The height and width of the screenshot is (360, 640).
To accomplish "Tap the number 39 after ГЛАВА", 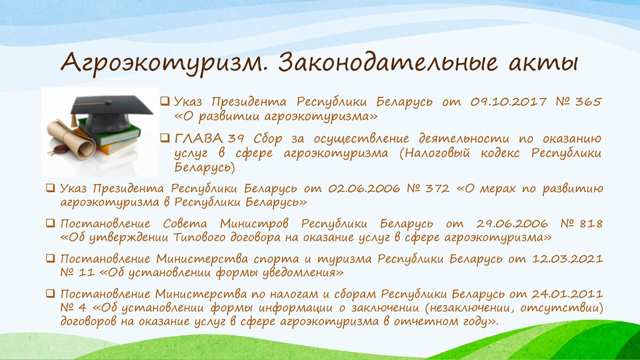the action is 236,139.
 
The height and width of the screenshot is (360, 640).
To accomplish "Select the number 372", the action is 438,189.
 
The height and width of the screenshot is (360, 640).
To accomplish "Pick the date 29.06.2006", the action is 512,223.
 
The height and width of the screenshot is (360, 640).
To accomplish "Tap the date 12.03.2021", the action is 567,259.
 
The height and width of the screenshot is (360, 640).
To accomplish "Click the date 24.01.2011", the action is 567,294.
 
